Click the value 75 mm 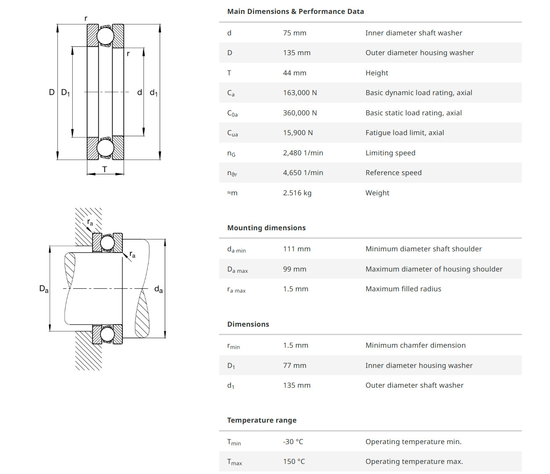tap(294, 33)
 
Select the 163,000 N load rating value tap(300, 93)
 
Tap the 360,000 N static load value tap(300, 113)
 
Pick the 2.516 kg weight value tap(297, 193)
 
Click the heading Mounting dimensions tap(266, 228)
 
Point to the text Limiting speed tap(390, 153)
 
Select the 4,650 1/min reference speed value tap(303, 173)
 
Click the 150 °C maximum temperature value tap(294, 461)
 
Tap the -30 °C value tap(293, 442)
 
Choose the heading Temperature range tap(262, 420)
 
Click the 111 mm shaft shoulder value tap(296, 249)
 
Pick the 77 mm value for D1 tap(294, 365)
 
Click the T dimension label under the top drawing tap(105, 169)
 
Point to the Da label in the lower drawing tap(44, 289)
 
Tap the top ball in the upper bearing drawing tap(105, 36)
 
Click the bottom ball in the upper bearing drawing tap(105, 148)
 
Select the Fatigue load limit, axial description tap(405, 133)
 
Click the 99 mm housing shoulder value tap(294, 269)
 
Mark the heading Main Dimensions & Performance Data tap(295, 11)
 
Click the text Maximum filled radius tap(403, 289)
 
